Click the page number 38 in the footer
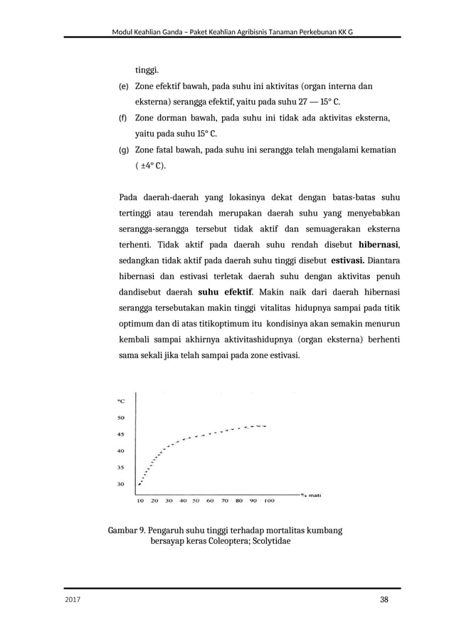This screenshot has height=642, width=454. [384, 599]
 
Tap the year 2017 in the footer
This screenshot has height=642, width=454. [73, 600]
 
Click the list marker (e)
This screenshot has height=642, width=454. [122, 87]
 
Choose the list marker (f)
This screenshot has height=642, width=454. [122, 118]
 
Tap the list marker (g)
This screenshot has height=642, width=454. [122, 150]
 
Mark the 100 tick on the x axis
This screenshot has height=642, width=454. [269, 500]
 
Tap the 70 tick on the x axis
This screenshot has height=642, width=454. [226, 500]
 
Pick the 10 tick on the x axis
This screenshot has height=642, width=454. [139, 500]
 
